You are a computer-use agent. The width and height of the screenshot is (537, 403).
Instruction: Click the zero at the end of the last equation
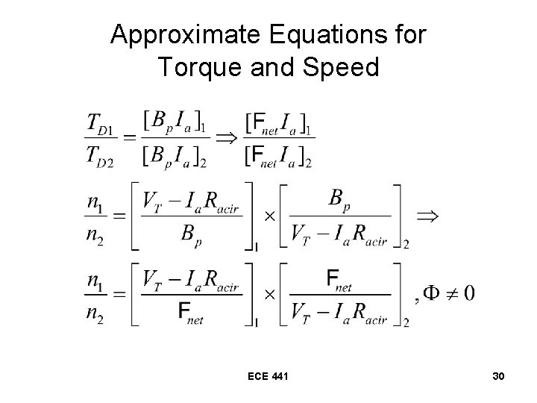[468, 293]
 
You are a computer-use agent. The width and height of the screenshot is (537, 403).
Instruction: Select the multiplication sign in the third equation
[268, 293]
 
